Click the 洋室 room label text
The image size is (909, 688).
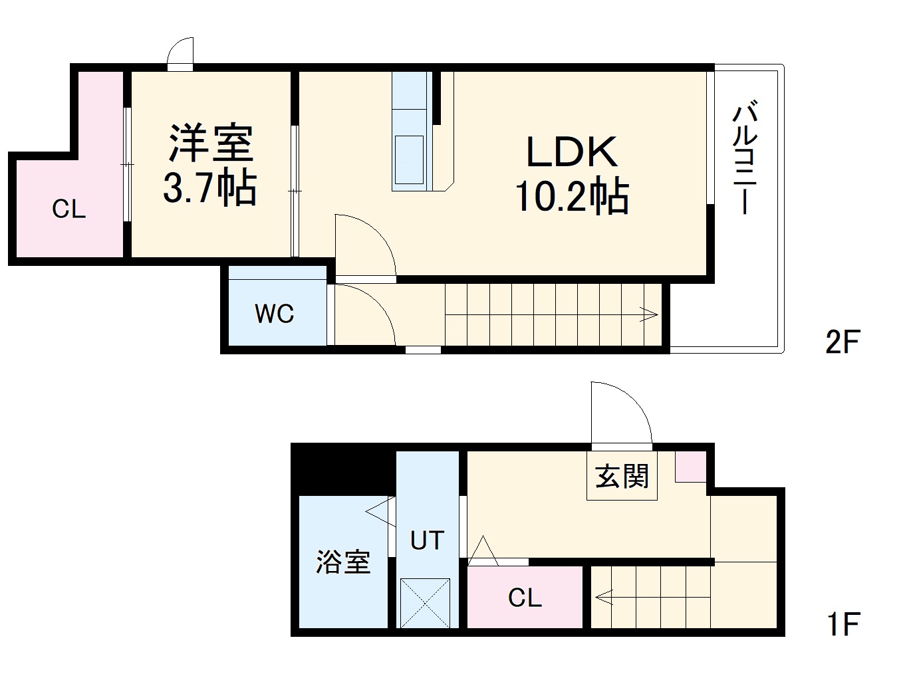point(211,143)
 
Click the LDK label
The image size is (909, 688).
point(571,152)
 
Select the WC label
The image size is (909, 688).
point(275,314)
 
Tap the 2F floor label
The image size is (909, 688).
point(843,342)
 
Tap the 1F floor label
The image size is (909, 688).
point(843,624)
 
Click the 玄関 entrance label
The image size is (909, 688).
point(622,477)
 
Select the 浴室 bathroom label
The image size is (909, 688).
point(343,562)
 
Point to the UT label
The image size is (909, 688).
point(427,541)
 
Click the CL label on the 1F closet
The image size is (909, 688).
point(525,598)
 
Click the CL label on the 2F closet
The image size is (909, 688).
point(69,210)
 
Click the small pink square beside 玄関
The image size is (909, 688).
point(690,467)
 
